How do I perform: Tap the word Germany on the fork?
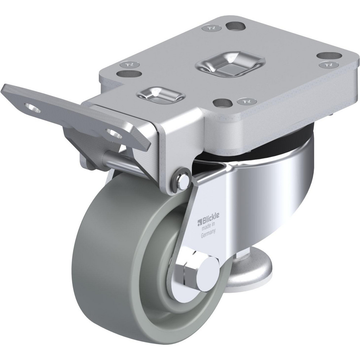tap(207, 233)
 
